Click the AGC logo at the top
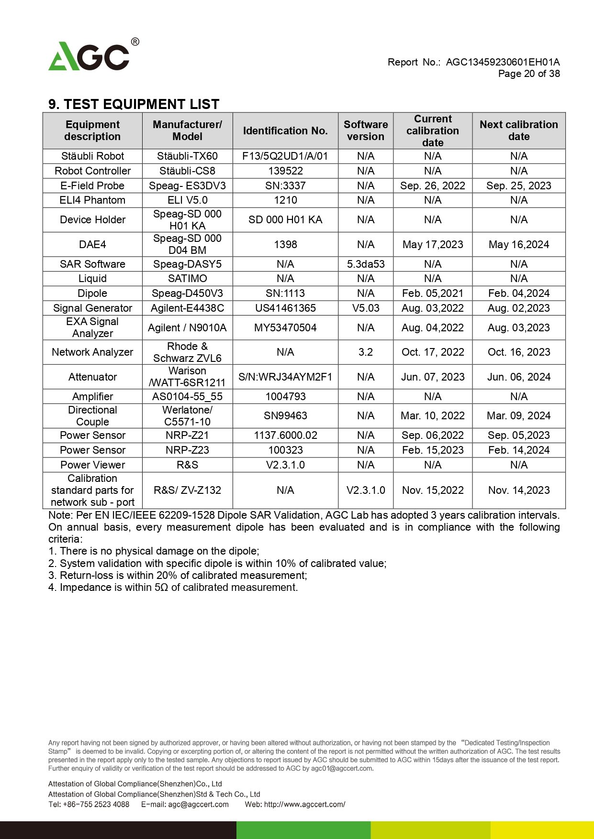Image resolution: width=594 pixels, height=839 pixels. pos(91,56)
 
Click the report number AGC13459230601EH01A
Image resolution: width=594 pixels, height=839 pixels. pos(503,62)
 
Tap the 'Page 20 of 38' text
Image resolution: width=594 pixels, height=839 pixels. pos(529,74)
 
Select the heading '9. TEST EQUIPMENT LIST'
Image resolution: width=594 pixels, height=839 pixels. pos(134,104)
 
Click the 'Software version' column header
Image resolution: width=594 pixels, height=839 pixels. pos(366,131)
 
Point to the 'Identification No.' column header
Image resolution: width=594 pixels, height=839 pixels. pos(285,131)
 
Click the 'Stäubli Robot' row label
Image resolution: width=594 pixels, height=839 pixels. pos(92,156)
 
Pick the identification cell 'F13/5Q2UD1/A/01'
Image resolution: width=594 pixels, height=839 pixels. pos(285,156)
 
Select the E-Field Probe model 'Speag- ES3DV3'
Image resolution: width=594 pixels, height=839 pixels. pos(187,186)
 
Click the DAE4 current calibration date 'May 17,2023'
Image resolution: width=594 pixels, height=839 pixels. pos(433,245)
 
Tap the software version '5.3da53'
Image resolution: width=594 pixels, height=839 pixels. pos(366,264)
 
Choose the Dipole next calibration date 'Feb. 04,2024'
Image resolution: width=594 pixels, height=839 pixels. pos(519,294)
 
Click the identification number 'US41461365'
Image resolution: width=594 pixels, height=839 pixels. pos(285,308)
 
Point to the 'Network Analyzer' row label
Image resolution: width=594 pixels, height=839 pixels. pos(92,352)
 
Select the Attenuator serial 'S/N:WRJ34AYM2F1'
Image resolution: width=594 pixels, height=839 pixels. pos(285,377)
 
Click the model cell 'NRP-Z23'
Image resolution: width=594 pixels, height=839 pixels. pos(187,450)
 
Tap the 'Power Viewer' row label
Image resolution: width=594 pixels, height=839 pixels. pos(92,465)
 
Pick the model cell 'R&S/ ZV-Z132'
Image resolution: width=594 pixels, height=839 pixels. pos(187,490)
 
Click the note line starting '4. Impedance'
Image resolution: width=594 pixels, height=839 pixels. pos(173,588)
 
